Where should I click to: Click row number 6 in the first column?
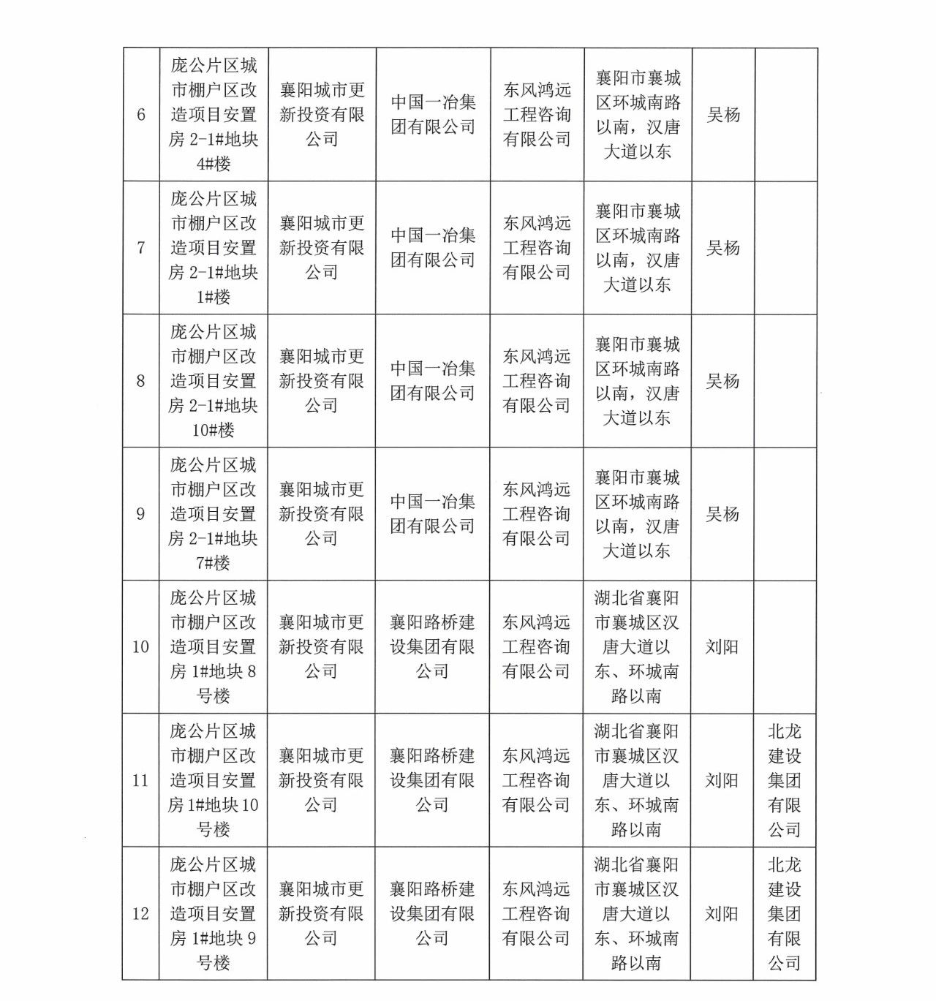coord(141,115)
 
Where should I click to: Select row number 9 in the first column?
coord(141,514)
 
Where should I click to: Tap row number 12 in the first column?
coord(140,914)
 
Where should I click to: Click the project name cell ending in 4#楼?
coord(214,115)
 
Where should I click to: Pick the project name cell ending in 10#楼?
coord(214,381)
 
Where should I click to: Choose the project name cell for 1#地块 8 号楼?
coord(214,647)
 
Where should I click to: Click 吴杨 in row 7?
coord(722,248)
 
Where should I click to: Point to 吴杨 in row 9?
coord(722,514)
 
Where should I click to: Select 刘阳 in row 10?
coord(722,647)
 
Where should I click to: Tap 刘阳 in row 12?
coord(722,914)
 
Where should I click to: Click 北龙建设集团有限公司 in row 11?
coord(785,780)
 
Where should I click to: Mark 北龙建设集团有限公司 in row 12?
coord(785,914)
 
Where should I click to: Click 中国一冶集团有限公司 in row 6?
coord(433,115)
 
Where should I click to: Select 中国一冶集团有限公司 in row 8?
coord(433,381)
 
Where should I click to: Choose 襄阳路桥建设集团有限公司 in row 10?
coord(432,647)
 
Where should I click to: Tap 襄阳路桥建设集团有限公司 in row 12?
coord(432,914)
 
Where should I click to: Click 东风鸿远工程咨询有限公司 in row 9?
coord(536,514)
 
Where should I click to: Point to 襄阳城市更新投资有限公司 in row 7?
coord(322,248)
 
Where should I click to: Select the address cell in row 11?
coord(637,780)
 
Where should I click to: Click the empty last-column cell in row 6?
coord(785,115)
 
